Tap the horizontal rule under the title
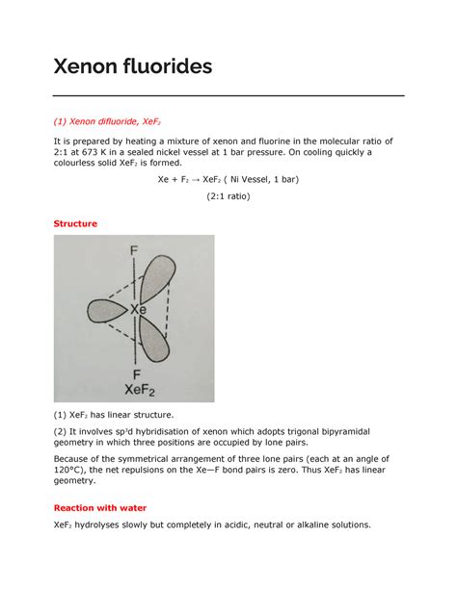[228, 95]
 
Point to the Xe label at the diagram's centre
[138, 311]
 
